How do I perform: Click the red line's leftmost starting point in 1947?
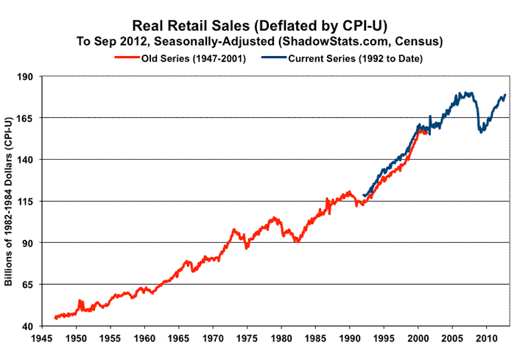(55, 318)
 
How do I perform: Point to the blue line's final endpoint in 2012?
(505, 95)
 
